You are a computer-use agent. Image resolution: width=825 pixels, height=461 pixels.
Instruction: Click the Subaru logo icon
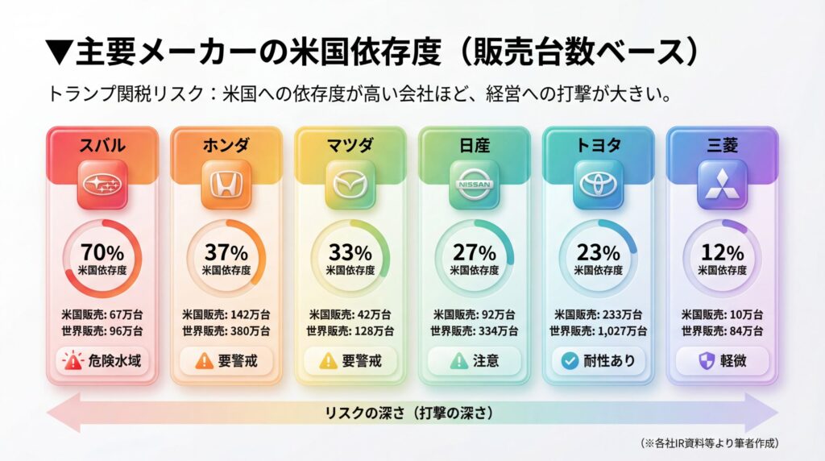pos(102,185)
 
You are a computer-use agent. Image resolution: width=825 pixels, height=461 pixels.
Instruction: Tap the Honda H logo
pos(226,185)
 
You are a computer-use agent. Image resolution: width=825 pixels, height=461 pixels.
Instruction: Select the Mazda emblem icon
pos(350,185)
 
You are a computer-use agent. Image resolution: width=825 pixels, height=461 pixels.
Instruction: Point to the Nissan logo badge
pos(475,185)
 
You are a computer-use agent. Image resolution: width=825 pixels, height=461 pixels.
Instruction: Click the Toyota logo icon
pos(598,185)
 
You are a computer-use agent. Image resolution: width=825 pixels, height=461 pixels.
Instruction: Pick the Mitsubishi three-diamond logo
pos(722,185)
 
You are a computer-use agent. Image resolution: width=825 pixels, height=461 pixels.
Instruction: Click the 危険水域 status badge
pos(102,360)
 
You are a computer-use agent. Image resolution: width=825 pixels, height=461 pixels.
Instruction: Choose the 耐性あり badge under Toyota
pos(598,360)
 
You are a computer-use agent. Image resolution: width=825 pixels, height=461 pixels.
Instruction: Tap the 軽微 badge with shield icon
pos(722,360)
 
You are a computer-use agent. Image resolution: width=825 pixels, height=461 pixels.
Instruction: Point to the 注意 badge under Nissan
pos(475,360)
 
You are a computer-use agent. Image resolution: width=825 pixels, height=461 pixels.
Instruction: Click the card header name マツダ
pos(350,145)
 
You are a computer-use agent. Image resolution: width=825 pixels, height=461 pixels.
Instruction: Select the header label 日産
pos(475,145)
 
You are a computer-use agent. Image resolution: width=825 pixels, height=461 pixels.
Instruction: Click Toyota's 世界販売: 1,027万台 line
pos(598,330)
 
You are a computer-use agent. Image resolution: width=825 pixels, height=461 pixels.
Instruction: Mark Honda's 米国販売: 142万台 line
pos(226,314)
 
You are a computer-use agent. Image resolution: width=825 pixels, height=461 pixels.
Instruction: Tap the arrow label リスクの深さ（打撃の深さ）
pos(412,413)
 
